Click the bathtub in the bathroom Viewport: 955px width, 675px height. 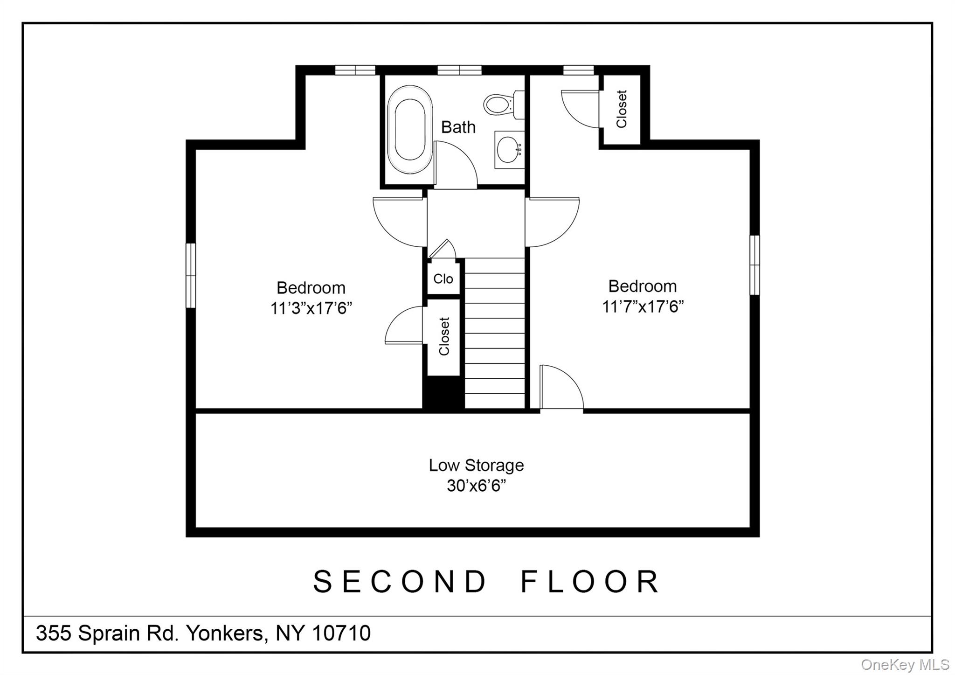pos(410,130)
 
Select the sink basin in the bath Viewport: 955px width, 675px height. pos(509,149)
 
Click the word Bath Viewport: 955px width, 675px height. pos(458,127)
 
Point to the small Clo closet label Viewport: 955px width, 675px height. pos(443,278)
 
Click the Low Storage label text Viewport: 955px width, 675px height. pos(476,465)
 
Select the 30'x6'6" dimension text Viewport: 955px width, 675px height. pos(476,486)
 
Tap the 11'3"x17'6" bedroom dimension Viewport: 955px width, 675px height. pos(311,308)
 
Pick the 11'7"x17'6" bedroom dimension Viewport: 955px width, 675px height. pos(643,306)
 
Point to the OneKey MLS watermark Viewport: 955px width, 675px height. pos(905,664)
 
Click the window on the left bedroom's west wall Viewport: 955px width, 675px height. pos(191,275)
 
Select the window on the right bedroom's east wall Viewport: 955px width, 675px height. pos(754,265)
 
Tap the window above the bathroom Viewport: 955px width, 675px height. pos(459,70)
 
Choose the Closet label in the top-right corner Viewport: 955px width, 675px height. pos(622,109)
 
